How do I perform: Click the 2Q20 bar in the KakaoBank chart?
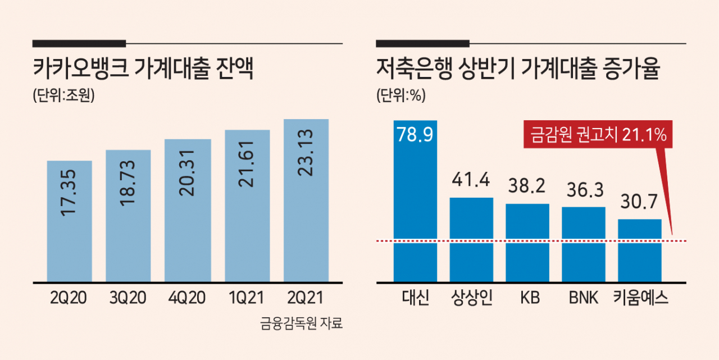click(x=69, y=221)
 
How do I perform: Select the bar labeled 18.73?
click(x=128, y=216)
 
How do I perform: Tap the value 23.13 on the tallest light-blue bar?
click(x=305, y=152)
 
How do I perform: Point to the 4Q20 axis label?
click(x=187, y=298)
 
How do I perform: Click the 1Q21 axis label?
click(x=246, y=298)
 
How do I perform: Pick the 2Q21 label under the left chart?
click(x=305, y=298)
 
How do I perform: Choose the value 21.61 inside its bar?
click(x=246, y=164)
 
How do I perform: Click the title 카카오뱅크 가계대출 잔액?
click(x=143, y=69)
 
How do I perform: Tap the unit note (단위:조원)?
click(x=64, y=95)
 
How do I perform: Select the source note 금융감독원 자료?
click(x=302, y=323)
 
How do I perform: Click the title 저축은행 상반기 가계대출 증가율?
click(x=518, y=69)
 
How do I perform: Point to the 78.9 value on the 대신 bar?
click(x=415, y=134)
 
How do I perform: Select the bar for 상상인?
click(x=471, y=240)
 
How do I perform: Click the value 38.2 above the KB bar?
click(x=527, y=186)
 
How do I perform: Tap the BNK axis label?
click(x=584, y=298)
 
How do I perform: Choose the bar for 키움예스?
click(x=640, y=251)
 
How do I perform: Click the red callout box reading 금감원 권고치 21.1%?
click(x=598, y=134)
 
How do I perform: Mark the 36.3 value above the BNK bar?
click(x=585, y=190)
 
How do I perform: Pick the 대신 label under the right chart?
click(x=415, y=298)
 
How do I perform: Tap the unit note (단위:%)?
click(x=401, y=95)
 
